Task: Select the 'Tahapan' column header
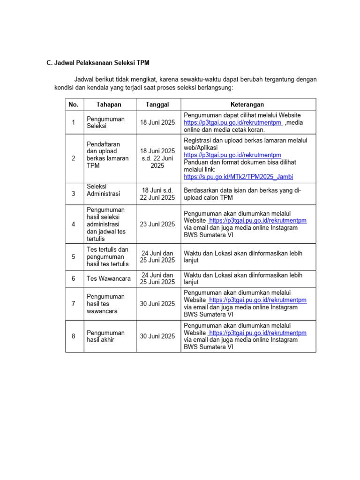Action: (109, 105)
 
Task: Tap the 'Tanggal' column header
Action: (157, 105)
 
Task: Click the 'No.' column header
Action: (73, 105)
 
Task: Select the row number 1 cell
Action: (73, 123)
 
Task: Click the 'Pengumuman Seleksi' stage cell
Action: (105, 123)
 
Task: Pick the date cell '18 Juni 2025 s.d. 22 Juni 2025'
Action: (157, 158)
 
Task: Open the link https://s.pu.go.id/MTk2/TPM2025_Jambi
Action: (239, 177)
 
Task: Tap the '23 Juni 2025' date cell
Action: (157, 224)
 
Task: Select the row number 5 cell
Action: (73, 256)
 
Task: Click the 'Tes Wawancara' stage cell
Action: (109, 278)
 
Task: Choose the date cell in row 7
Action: (157, 304)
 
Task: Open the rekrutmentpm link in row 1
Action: (232, 123)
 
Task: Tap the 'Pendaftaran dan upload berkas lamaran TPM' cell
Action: (107, 158)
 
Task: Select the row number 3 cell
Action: (73, 194)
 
